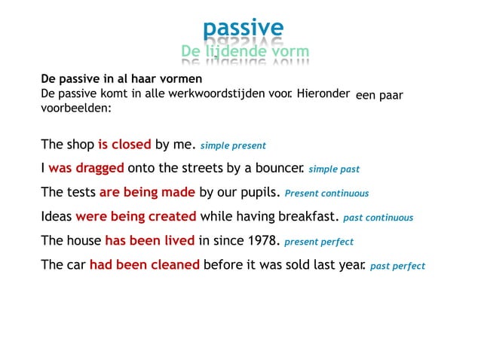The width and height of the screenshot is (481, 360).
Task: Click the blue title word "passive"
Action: point(243,29)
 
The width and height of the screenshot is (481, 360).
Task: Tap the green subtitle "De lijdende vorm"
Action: point(245,51)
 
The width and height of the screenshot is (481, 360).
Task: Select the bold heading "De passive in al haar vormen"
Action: point(121,78)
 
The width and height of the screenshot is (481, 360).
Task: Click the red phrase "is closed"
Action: point(124,144)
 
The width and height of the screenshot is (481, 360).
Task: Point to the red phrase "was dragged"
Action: point(86,168)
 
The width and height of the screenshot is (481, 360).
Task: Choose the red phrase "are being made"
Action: point(147,192)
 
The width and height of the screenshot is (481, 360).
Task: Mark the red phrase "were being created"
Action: point(136,216)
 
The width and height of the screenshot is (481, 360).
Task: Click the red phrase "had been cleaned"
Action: point(145,264)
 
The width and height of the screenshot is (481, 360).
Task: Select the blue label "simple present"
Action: point(233,145)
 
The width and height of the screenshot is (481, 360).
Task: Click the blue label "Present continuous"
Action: point(326,194)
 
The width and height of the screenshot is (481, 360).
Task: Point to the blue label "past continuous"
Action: point(378,218)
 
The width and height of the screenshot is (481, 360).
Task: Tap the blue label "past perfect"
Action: point(397,266)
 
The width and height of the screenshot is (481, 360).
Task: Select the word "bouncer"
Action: point(279,168)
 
